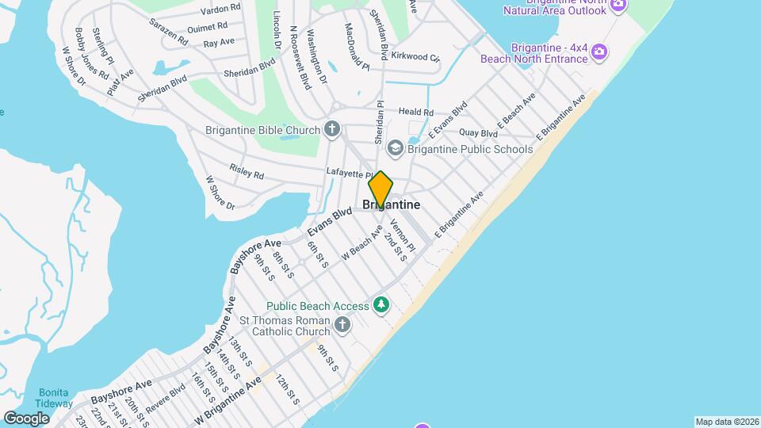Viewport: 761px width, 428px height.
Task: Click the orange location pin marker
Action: (x=380, y=189)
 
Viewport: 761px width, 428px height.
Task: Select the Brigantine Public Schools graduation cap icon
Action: (x=395, y=148)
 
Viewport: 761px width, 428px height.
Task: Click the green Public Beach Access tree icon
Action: (x=382, y=305)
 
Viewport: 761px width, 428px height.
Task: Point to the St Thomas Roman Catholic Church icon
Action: (x=342, y=324)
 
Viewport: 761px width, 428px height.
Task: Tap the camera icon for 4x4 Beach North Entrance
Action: (x=600, y=53)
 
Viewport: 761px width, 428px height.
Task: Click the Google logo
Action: (x=26, y=418)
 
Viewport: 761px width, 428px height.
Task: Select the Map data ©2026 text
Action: (x=727, y=422)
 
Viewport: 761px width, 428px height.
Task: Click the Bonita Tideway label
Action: (x=54, y=397)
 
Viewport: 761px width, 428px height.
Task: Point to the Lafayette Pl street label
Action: (x=350, y=174)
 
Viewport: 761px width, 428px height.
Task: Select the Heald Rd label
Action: (x=416, y=113)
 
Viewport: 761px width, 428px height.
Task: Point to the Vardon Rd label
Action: (x=220, y=9)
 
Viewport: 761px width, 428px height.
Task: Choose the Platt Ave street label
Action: (x=122, y=80)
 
